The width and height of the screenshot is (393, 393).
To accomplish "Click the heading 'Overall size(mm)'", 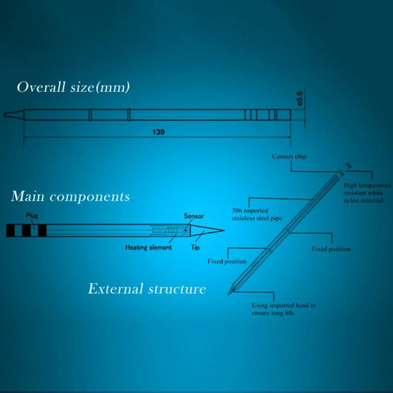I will click(73, 88).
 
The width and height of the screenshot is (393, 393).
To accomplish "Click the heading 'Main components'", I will click(70, 196).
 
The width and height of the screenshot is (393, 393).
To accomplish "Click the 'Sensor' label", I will click(194, 216).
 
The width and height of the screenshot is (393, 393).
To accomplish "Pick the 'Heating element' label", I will click(149, 248).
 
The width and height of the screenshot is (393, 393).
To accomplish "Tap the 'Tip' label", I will click(195, 248).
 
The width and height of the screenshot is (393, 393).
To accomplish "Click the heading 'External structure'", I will click(147, 289).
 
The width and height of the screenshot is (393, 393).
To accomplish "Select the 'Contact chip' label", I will click(289, 157).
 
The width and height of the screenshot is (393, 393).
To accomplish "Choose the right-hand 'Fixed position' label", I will click(331, 249).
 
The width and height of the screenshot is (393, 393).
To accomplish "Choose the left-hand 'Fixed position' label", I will click(227, 261).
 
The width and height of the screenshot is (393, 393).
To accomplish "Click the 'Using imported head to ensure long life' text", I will click(284, 309).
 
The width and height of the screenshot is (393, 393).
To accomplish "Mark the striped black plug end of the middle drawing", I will click(26, 231).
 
